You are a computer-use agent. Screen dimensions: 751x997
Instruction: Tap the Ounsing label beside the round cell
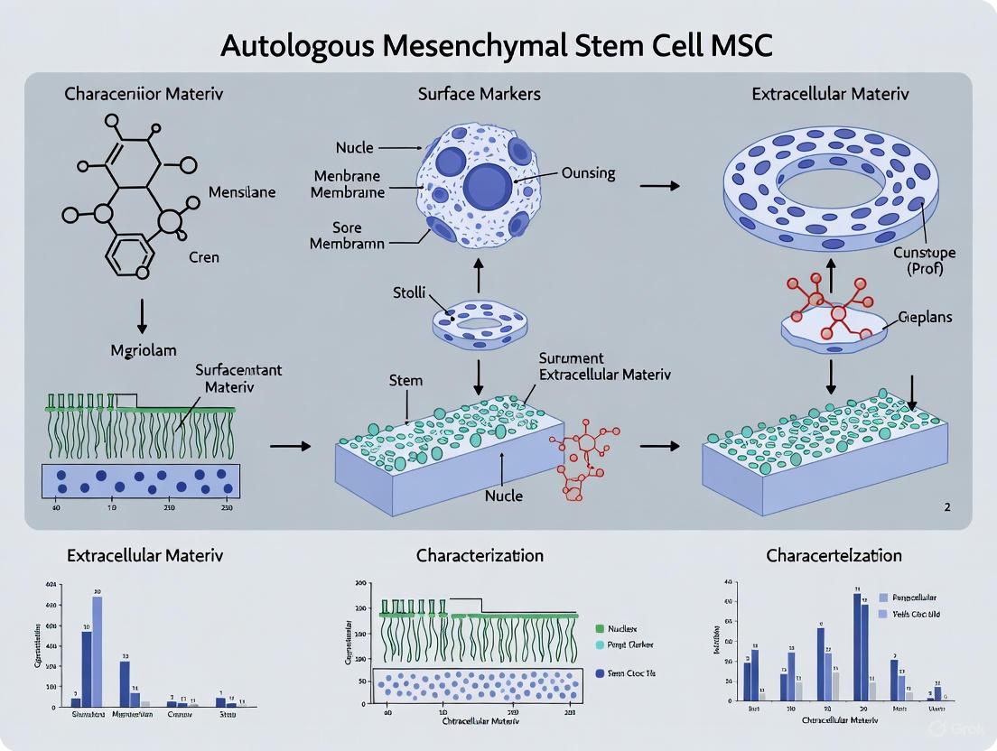point(588,173)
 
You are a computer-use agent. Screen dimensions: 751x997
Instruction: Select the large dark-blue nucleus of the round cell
point(489,186)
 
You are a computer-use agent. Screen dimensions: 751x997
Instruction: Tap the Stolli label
point(410,293)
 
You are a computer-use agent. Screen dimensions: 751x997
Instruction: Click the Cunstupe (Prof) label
point(923,260)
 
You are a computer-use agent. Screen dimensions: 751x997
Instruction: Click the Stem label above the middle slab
point(405,380)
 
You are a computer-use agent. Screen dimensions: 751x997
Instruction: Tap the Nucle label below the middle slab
point(504,496)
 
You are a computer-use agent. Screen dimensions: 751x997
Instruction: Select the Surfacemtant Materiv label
point(233,378)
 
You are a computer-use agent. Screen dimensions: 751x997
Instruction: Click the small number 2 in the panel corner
point(946,507)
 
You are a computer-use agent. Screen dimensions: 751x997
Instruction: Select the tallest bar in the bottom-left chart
point(97,649)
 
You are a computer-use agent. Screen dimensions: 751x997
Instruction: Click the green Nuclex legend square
point(600,627)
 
